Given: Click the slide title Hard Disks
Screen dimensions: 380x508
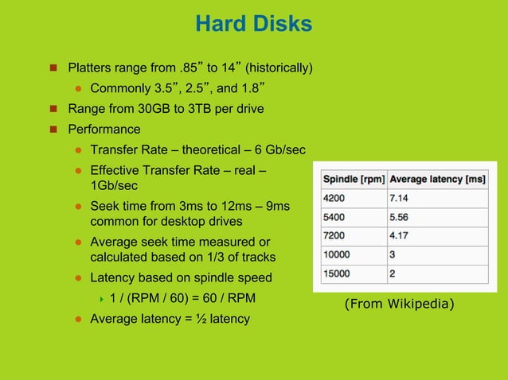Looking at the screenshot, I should coord(253,25).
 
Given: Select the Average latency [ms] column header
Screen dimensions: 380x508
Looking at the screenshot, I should coord(437,179).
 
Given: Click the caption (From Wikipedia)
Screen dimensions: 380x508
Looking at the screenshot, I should coord(399,303).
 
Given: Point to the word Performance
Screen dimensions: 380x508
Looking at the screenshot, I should coord(104,129).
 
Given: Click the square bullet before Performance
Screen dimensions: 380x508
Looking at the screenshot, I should coord(54,130).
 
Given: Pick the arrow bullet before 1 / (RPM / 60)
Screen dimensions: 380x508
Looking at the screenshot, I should coord(102,299).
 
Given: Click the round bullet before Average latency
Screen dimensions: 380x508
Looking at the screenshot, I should coord(79,320).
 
